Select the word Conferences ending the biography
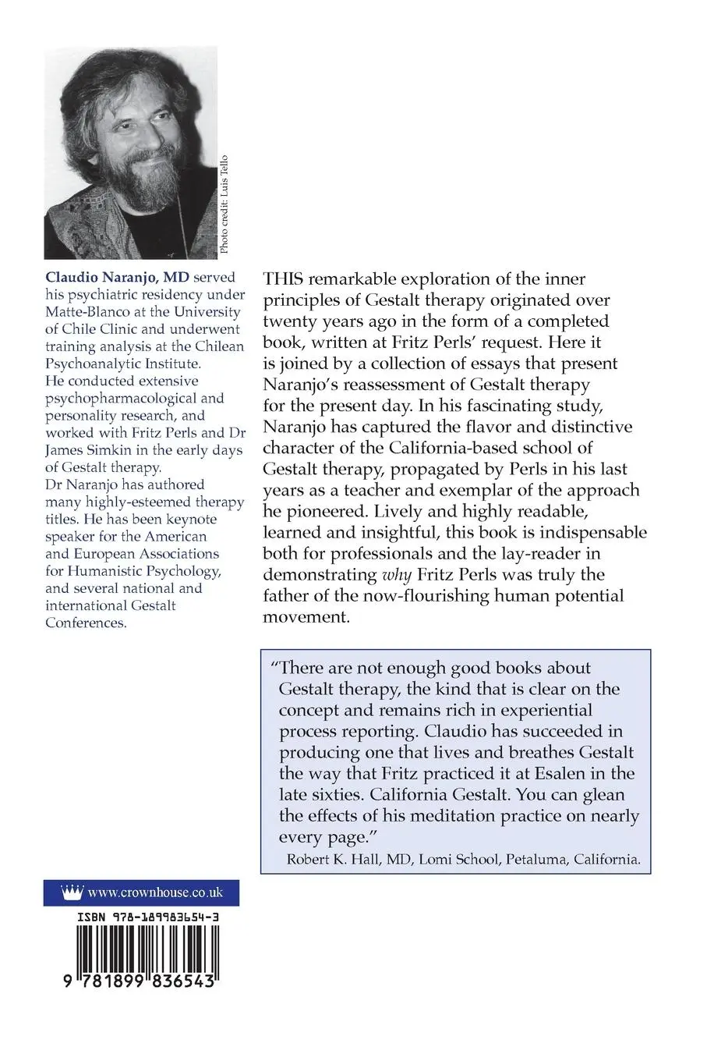[85, 623]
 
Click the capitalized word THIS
[285, 279]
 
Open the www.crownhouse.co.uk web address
[156, 892]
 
